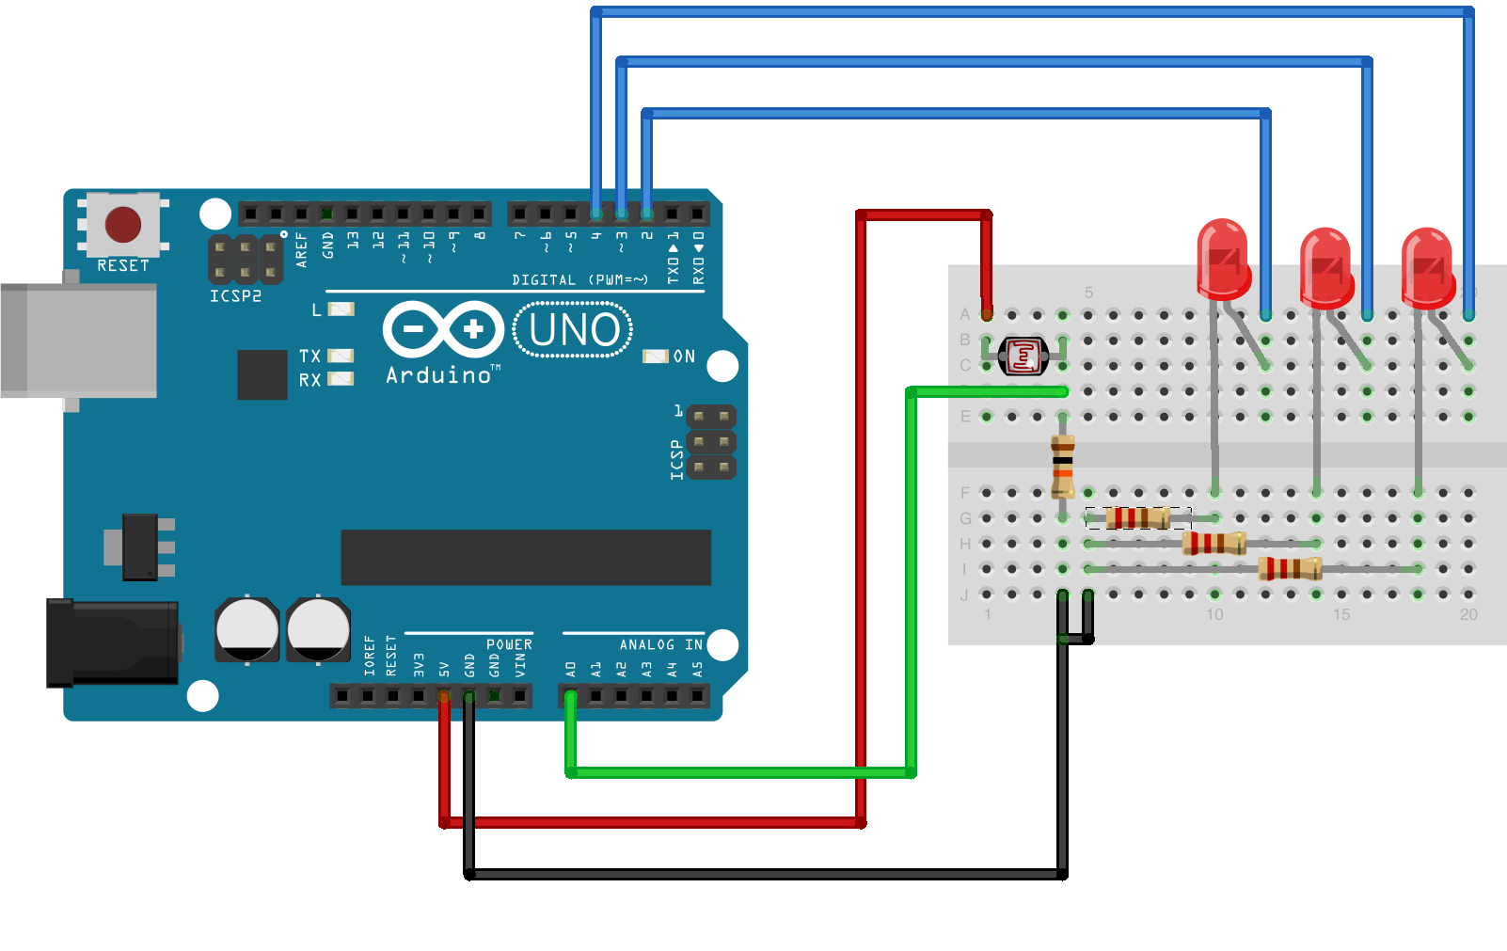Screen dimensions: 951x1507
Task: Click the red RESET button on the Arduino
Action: (x=123, y=225)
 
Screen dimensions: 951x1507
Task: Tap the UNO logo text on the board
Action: (x=574, y=330)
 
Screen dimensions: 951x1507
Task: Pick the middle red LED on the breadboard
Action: (x=1326, y=268)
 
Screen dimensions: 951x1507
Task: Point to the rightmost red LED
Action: (x=1428, y=268)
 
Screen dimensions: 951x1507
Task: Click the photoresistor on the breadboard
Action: (x=1023, y=356)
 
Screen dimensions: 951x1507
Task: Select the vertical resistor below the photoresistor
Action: (x=1063, y=466)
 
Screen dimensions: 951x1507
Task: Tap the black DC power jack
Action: (x=113, y=642)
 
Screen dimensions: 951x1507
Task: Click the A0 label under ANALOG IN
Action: (x=570, y=669)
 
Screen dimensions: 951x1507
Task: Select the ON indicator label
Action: (x=684, y=357)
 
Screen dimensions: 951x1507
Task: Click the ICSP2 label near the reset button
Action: (x=235, y=296)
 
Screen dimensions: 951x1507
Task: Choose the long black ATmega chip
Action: (x=526, y=557)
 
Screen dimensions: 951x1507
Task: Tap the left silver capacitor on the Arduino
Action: (x=246, y=629)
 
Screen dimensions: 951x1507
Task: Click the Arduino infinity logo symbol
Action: (x=443, y=329)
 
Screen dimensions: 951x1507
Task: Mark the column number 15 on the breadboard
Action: (x=1341, y=614)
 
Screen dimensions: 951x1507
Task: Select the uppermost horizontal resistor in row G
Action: (x=1138, y=517)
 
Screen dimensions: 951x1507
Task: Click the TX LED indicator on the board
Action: (x=340, y=356)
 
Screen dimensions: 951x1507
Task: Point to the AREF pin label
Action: (x=301, y=250)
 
